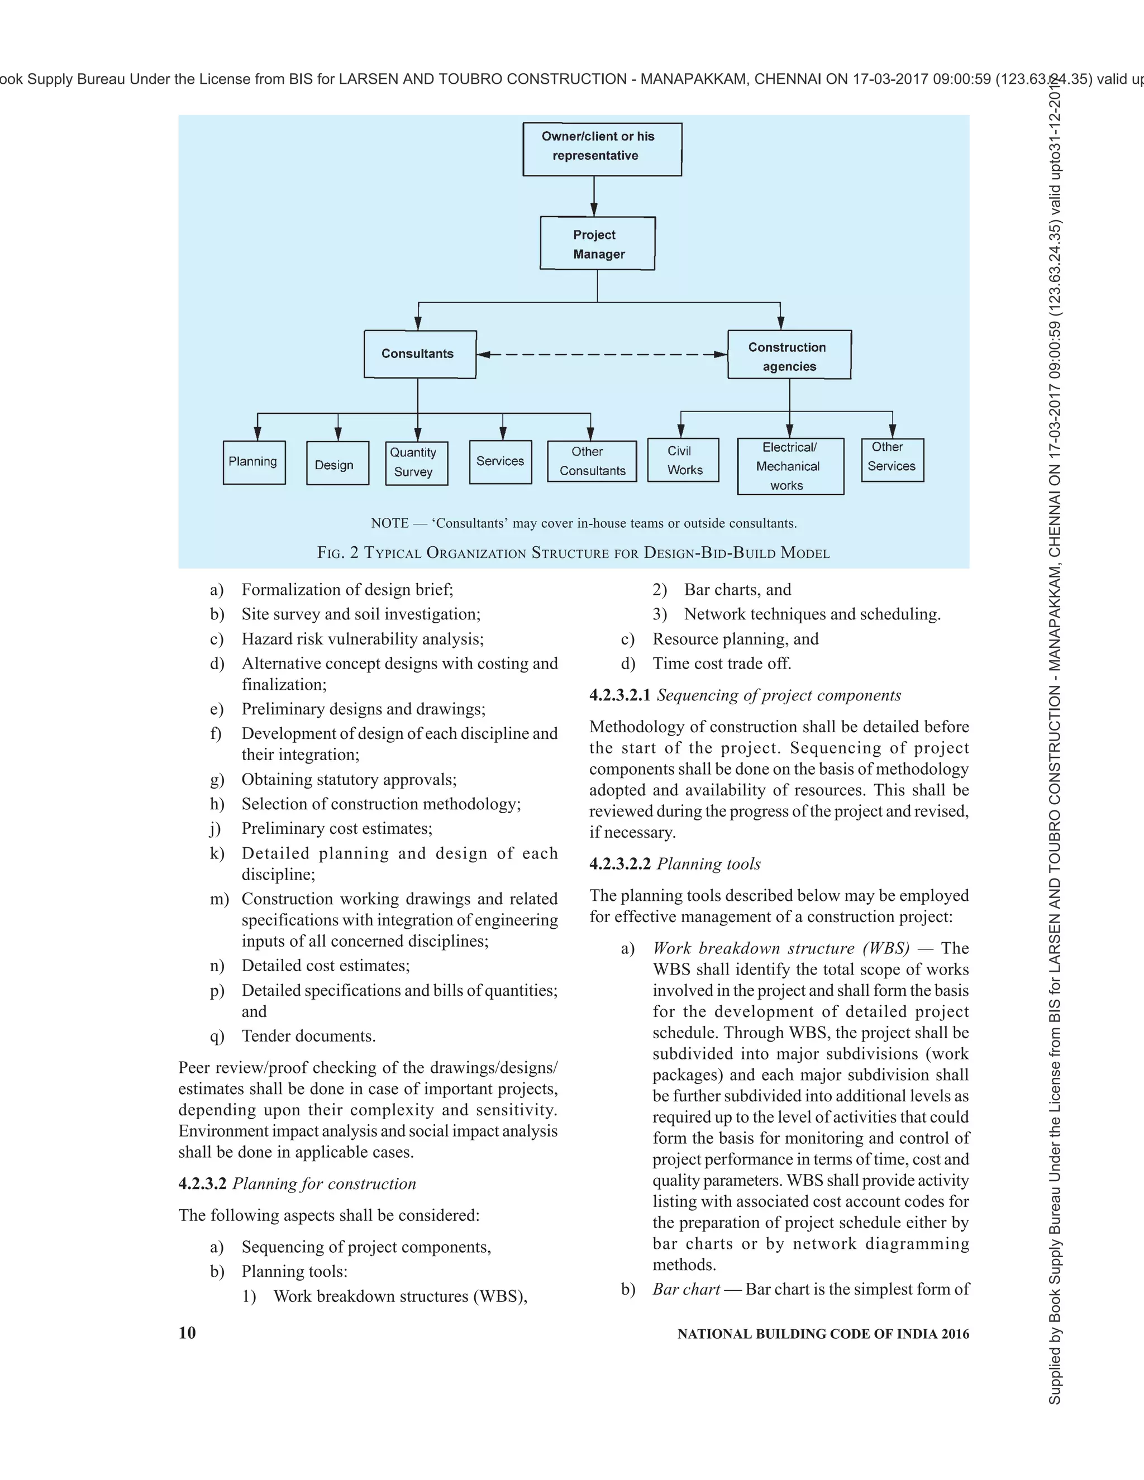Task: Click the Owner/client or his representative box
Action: [602, 149]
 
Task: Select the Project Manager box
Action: [598, 244]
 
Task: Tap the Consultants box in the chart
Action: [420, 354]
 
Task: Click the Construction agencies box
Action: [789, 355]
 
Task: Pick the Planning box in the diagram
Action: [254, 462]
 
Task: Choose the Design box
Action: [337, 463]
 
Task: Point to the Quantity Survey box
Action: [417, 463]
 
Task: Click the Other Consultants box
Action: [592, 461]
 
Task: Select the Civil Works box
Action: [683, 460]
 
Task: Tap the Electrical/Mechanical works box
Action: [791, 466]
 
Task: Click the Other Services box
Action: [893, 460]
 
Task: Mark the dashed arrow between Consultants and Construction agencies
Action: [602, 355]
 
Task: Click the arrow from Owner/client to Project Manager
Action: [594, 197]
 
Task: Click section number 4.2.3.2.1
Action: [619, 695]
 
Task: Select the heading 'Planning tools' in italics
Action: [709, 864]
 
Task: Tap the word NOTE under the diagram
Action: [390, 523]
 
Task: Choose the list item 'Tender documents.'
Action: [308, 1036]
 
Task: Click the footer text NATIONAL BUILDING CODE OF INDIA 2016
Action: [823, 1334]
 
